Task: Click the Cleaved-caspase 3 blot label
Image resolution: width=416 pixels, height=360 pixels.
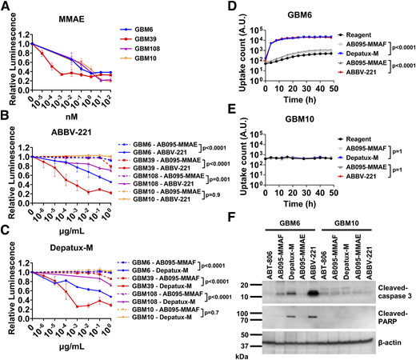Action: pos(383,284)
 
